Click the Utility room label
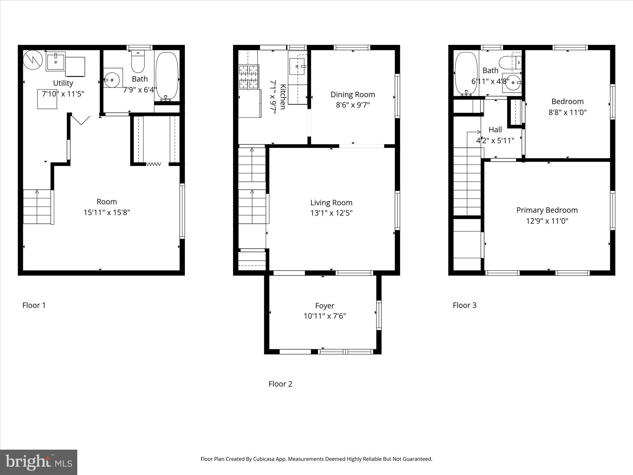(x=63, y=83)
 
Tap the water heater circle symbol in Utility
(x=33, y=60)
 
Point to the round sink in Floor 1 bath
(x=113, y=80)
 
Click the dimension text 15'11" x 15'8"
(x=107, y=212)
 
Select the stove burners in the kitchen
(x=249, y=77)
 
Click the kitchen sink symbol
(x=297, y=66)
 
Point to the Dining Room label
(x=353, y=95)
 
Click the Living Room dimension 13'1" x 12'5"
(x=331, y=213)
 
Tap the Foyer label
(x=325, y=306)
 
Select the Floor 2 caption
(x=280, y=384)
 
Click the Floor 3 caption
(x=465, y=306)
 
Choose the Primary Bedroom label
(x=547, y=210)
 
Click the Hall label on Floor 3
(x=495, y=130)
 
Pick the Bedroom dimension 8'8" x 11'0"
(x=567, y=112)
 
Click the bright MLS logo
(x=39, y=462)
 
